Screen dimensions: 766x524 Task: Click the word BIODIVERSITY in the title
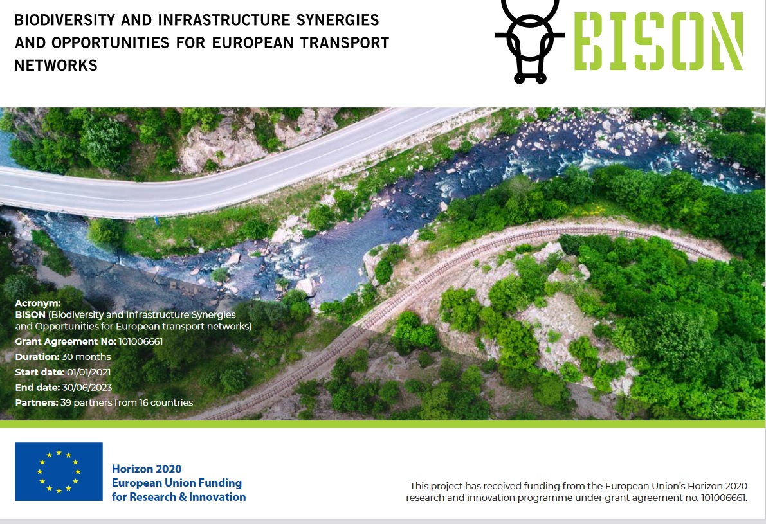(65, 20)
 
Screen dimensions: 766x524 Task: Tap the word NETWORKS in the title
(56, 66)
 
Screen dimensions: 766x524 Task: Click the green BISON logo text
(659, 41)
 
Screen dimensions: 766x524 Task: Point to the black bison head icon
(530, 41)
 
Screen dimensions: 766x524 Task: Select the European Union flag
(59, 471)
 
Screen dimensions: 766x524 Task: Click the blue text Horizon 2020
(147, 469)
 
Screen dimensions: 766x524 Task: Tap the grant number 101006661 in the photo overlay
(141, 341)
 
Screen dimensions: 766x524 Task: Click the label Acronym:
(38, 303)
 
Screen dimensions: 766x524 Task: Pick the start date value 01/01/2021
(89, 372)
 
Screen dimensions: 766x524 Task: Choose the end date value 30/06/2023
(86, 387)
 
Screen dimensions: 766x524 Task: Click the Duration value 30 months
(86, 357)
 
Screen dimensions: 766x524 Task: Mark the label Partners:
(37, 402)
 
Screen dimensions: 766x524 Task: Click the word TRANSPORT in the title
(345, 43)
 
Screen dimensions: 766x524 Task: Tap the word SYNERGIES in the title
(338, 20)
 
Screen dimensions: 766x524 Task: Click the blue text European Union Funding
(177, 483)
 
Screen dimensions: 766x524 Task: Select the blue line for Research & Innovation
(179, 496)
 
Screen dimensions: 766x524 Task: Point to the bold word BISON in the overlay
(30, 314)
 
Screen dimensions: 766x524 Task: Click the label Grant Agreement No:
(66, 341)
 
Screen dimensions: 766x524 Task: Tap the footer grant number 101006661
(724, 498)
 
